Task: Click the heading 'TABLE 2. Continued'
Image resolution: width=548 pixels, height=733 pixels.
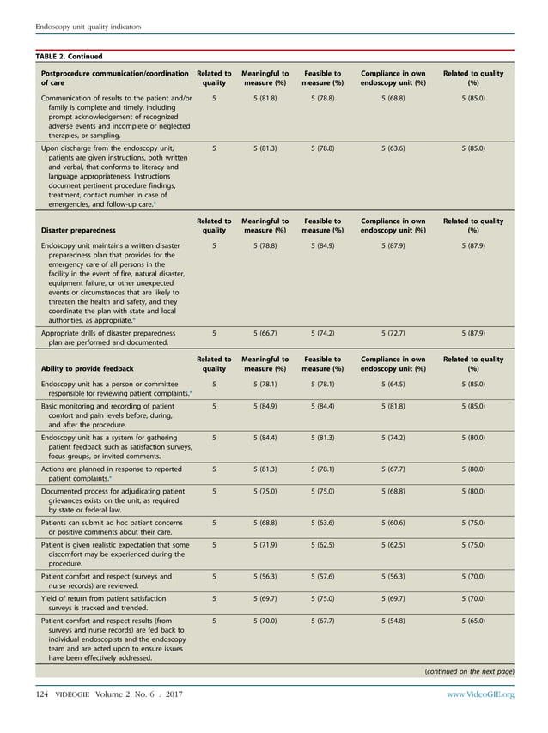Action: (68, 57)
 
